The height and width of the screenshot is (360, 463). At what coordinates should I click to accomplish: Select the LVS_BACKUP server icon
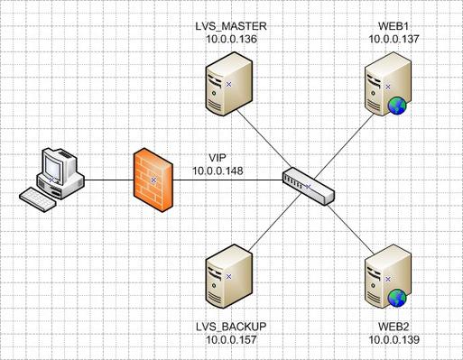(x=227, y=277)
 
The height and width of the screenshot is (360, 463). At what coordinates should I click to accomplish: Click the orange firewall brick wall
(x=153, y=180)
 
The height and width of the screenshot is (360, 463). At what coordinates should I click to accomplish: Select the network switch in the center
(x=307, y=185)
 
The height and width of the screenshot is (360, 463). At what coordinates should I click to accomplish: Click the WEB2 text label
(x=394, y=325)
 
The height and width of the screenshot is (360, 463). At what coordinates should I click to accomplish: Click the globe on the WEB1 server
(x=398, y=107)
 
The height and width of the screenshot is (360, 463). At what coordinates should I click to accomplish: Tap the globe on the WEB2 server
(x=398, y=299)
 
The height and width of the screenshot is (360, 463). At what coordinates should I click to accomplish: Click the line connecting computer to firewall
(x=108, y=180)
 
